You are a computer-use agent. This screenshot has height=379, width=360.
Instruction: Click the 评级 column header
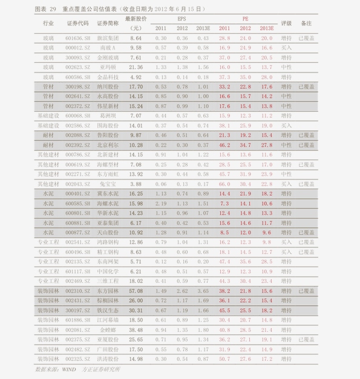click(x=286, y=24)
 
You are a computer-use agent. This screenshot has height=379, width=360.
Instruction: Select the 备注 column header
click(x=306, y=24)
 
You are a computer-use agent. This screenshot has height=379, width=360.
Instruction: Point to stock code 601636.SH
click(x=77, y=37)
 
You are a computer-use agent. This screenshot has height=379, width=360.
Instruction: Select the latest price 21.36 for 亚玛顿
click(x=136, y=67)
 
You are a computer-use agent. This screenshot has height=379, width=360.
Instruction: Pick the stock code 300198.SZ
click(x=77, y=86)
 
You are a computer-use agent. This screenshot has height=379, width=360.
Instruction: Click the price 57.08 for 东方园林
click(x=136, y=291)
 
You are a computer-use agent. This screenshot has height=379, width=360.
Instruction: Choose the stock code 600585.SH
click(x=77, y=203)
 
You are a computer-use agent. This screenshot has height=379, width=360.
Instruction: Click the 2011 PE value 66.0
click(x=224, y=184)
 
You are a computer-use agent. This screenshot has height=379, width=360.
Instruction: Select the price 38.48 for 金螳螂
click(x=136, y=329)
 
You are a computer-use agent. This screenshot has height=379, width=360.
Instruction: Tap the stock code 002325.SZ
click(x=77, y=359)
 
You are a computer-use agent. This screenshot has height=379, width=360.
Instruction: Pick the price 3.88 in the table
click(x=136, y=184)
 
